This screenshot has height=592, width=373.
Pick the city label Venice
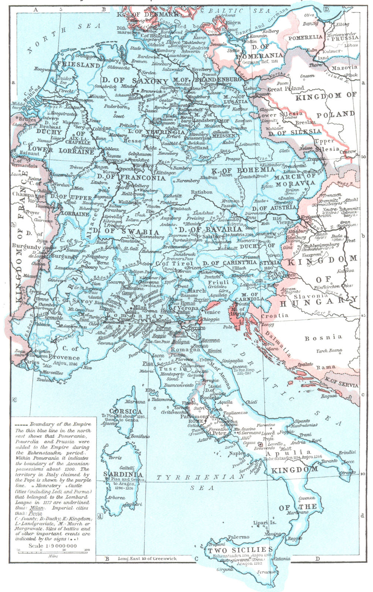pos(211,312)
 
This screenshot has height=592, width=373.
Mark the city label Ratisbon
pos(202,192)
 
